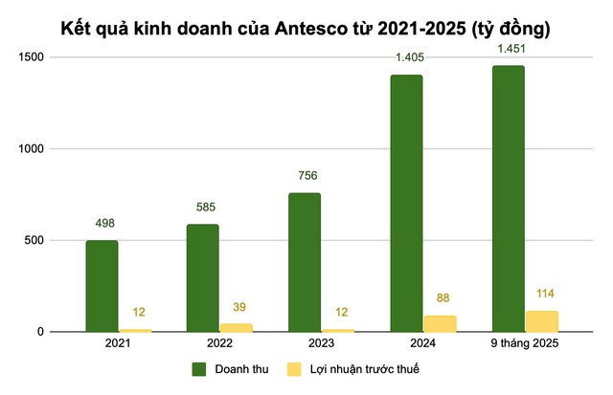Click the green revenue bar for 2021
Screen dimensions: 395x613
102,286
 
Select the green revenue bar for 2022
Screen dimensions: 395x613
203,278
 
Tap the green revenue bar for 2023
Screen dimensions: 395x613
305,262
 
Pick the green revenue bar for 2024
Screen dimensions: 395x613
406,203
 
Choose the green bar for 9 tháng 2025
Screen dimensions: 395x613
508,199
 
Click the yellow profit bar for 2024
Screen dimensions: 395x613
440,323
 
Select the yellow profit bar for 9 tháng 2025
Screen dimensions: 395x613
541,321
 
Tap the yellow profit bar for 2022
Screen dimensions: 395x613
237,328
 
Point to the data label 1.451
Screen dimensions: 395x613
508,48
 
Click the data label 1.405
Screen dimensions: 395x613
406,57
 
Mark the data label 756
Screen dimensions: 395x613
305,175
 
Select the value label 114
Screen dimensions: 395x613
541,293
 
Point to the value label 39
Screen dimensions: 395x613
237,307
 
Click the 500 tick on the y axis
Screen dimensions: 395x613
42,240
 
